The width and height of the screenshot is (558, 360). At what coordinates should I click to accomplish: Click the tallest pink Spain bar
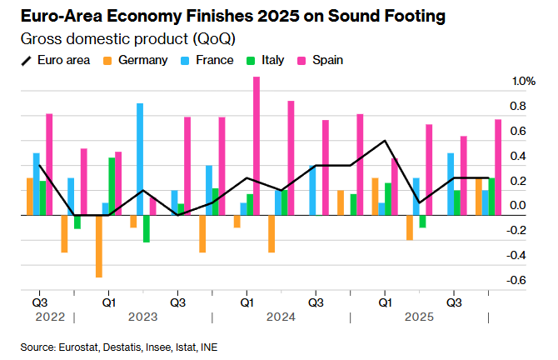click(x=257, y=146)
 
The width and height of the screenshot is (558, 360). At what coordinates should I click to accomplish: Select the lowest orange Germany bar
click(x=98, y=246)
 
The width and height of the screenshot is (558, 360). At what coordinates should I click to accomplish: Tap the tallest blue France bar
click(x=140, y=158)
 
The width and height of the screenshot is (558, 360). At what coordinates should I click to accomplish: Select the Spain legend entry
click(x=327, y=60)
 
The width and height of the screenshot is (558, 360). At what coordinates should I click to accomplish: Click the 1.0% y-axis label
click(x=523, y=82)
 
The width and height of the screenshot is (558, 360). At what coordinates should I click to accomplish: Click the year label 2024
click(x=281, y=317)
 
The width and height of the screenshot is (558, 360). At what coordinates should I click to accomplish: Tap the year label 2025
click(x=419, y=317)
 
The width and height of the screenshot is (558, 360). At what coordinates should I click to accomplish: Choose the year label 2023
click(x=142, y=317)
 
